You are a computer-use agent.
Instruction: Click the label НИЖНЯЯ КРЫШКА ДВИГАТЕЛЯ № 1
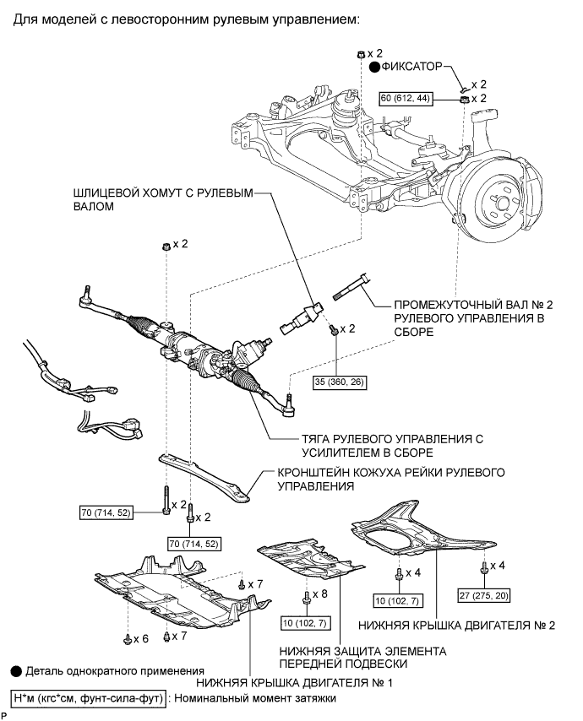[x=294, y=682]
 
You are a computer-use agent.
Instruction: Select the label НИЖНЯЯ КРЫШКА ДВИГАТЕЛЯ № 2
[x=456, y=626]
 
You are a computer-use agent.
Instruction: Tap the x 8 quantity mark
[x=319, y=594]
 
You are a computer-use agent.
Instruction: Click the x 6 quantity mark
[x=141, y=639]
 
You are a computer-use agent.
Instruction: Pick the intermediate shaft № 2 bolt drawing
[x=352, y=287]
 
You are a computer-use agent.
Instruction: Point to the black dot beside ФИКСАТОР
[x=375, y=68]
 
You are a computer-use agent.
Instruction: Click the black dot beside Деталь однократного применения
[x=16, y=671]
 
